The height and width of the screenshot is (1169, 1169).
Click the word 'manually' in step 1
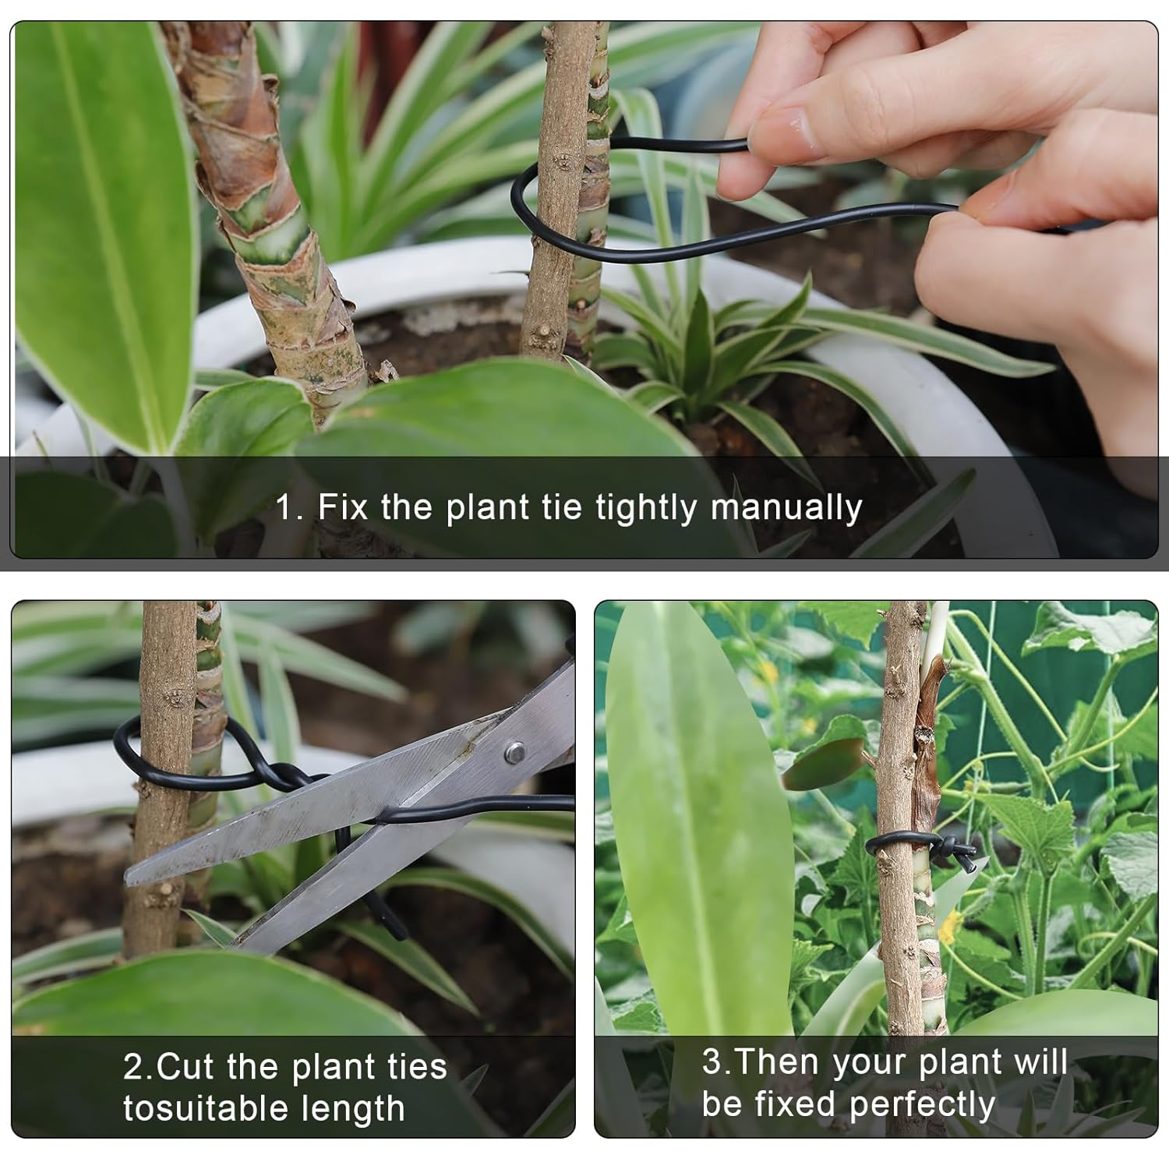(x=786, y=508)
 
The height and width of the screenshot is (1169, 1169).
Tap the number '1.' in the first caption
(x=289, y=508)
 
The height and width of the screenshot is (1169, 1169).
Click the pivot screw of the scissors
(x=514, y=752)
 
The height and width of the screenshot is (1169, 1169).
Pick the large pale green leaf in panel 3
(x=694, y=818)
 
